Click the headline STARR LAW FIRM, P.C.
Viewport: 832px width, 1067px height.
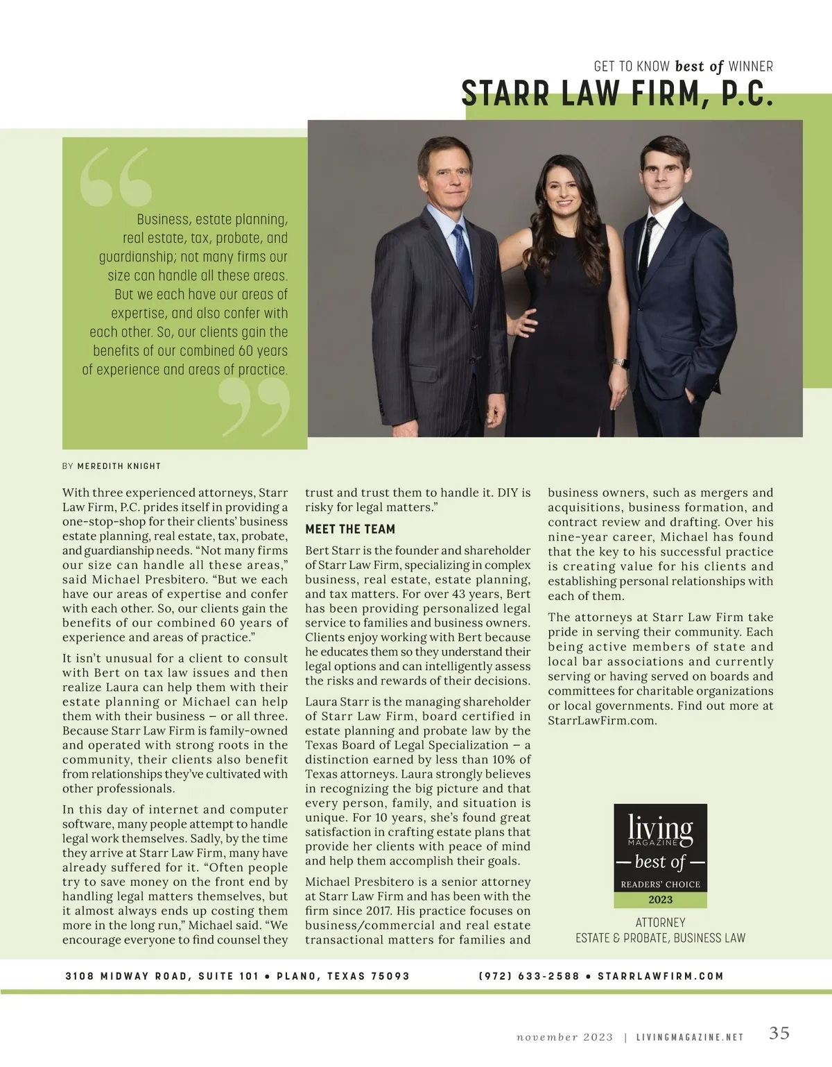click(x=616, y=94)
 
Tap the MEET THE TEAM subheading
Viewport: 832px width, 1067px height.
click(x=350, y=529)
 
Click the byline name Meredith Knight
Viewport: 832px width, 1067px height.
click(x=119, y=466)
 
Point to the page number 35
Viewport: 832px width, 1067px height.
click(x=779, y=1033)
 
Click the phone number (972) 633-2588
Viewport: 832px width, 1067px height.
click(x=528, y=976)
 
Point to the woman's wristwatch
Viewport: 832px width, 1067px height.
click(x=622, y=363)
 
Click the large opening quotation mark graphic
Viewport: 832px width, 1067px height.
click(x=115, y=178)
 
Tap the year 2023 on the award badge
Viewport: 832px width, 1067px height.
click(x=660, y=900)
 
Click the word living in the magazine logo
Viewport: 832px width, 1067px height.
click(x=660, y=828)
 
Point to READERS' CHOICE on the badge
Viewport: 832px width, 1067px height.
click(x=660, y=885)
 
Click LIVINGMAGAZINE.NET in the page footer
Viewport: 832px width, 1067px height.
click(x=690, y=1038)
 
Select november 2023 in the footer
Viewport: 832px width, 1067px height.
click(x=565, y=1038)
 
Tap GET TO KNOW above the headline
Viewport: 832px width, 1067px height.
click(x=632, y=67)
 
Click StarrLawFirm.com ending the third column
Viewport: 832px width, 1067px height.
click(x=602, y=721)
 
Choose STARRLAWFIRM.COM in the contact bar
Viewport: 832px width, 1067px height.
click(x=660, y=976)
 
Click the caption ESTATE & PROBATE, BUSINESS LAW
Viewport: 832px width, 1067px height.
click(x=660, y=939)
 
